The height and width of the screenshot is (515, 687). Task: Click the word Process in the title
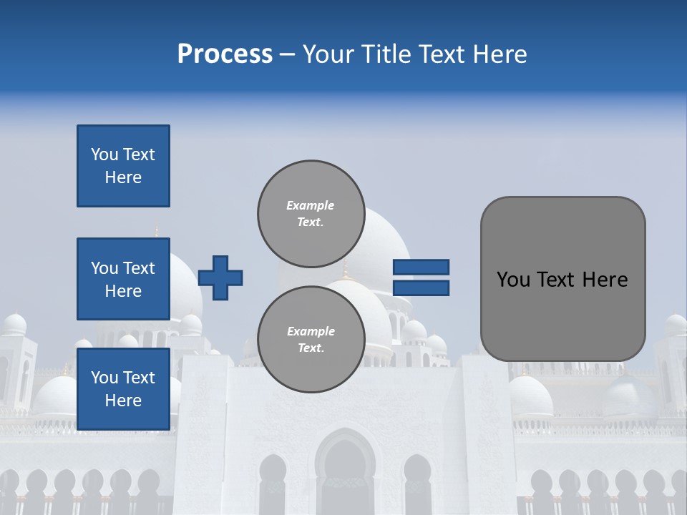coord(225,54)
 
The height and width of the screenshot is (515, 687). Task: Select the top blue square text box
coord(123,166)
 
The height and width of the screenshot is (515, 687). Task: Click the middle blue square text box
coord(123,279)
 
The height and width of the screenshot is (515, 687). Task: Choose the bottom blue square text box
coord(123,389)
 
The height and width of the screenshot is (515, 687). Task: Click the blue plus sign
coord(220,278)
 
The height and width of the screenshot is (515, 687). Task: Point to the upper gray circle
coord(311,213)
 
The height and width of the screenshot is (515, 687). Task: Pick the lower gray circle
coord(311,339)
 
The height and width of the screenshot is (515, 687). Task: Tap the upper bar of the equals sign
coord(421,268)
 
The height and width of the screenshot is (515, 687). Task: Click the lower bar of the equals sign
coord(421,288)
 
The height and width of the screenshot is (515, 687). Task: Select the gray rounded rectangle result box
coord(562,279)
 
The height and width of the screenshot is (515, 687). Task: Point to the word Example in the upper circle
coord(311,205)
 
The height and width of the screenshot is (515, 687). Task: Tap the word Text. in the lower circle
coord(311,348)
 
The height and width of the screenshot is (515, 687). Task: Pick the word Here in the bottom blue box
coord(123,401)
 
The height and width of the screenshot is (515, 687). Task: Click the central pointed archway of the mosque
coord(345,469)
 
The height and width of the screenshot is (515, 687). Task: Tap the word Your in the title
coord(326,54)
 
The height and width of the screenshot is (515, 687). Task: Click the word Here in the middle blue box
coord(123,291)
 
